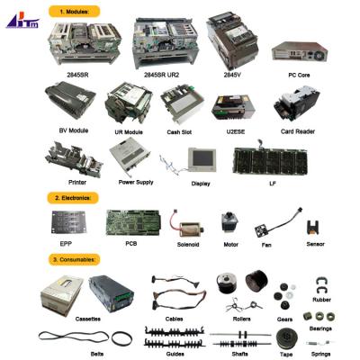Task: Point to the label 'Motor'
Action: tap(230, 244)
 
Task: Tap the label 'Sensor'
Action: tap(314, 244)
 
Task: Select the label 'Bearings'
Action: tap(321, 329)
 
